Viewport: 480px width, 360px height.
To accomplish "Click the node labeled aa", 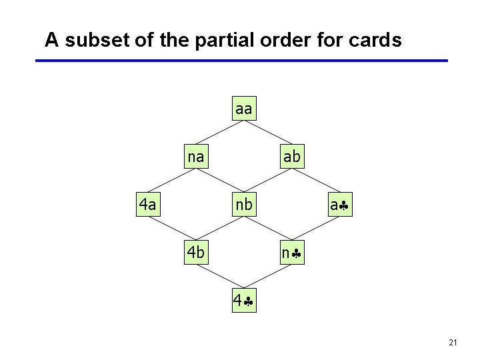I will point(244,109).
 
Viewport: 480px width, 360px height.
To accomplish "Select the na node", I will point(196,157).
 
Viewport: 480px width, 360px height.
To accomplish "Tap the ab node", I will point(291,157).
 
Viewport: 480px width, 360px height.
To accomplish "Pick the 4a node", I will point(147,204).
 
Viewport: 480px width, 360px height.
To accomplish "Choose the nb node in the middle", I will point(244,204).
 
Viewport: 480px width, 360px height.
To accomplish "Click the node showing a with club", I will point(340,205).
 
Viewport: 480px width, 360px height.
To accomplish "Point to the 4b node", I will point(196,253).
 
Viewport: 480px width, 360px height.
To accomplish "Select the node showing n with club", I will point(291,253).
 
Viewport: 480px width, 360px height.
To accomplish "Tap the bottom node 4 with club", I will point(244,301).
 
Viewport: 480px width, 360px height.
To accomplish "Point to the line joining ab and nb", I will point(268,181).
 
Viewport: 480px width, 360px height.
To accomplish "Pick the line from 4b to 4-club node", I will point(220,277).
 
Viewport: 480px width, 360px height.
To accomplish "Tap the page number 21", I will point(453,342).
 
